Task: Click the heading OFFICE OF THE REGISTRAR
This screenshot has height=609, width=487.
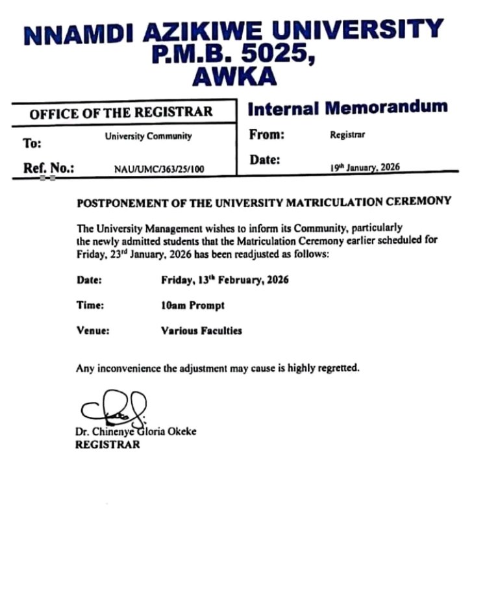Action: click(121, 112)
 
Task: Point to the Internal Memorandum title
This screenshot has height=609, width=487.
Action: click(347, 108)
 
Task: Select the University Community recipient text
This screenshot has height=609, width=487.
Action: click(149, 136)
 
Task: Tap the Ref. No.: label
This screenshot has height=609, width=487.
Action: click(49, 168)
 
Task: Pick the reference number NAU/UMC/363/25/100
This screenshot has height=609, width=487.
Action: click(159, 169)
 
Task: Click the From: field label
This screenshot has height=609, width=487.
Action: click(267, 135)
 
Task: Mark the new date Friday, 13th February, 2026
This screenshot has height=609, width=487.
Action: click(225, 280)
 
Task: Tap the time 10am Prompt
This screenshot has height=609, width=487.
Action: click(193, 305)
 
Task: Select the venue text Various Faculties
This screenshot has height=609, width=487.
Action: click(201, 330)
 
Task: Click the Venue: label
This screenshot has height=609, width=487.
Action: click(93, 330)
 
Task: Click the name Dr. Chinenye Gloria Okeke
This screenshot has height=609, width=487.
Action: click(136, 431)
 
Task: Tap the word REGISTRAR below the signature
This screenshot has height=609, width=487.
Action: click(108, 445)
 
